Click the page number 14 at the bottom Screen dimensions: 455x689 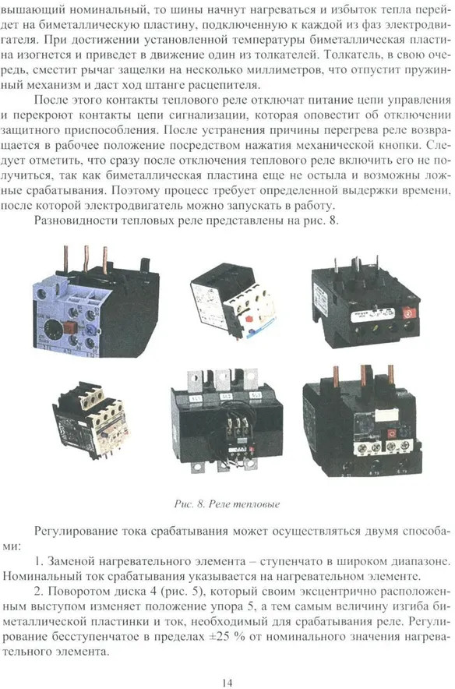coord(227,683)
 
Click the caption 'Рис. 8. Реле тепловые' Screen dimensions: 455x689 coord(227,504)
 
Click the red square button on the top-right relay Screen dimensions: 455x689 coord(408,313)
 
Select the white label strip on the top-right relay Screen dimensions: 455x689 coord(368,315)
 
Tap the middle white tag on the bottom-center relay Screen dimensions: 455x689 coord(226,397)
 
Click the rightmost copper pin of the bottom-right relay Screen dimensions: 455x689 coord(390,375)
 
